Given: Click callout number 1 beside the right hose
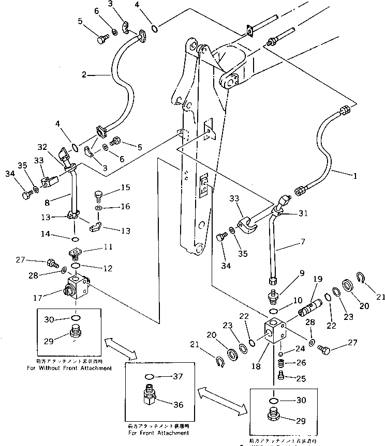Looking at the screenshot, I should [x=355, y=175].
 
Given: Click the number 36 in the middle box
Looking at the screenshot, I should [x=177, y=404].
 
